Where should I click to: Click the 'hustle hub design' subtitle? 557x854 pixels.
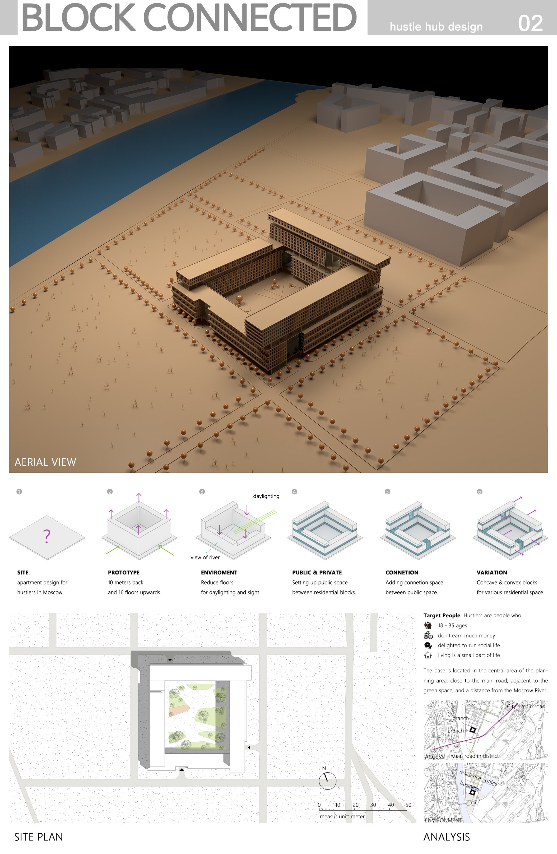tap(436, 27)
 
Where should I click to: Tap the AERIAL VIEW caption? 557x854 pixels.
tap(45, 462)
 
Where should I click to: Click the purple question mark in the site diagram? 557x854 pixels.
tap(47, 536)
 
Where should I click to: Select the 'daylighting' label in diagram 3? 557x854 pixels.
tap(266, 496)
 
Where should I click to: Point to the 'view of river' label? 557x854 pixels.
tap(205, 557)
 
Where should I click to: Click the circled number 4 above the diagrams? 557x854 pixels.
tap(294, 492)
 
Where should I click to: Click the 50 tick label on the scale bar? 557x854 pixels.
tap(408, 805)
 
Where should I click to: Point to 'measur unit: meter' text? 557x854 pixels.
tap(342, 816)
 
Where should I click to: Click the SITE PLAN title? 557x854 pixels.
tap(38, 837)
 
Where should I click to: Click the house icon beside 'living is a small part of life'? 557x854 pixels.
tap(427, 655)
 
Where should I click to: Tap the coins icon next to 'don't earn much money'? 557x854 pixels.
tap(427, 635)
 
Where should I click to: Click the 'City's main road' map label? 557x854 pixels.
tap(526, 706)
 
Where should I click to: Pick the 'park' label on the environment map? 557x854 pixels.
tap(471, 802)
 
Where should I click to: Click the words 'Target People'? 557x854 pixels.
tap(442, 615)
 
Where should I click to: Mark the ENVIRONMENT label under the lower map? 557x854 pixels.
tap(443, 820)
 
